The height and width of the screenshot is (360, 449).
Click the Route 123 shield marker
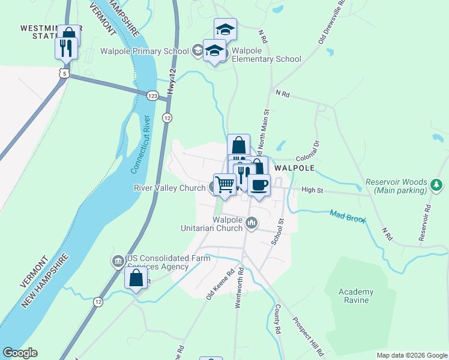pos(152,95)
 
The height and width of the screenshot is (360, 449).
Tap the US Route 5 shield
pos(64,73)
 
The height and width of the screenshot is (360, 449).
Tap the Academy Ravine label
pos(356,296)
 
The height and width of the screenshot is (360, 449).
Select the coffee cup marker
pos(259,185)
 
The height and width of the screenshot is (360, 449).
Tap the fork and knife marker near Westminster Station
pos(66,49)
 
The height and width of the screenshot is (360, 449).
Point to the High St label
pos(312,190)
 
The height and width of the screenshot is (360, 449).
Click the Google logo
pos(20,353)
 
